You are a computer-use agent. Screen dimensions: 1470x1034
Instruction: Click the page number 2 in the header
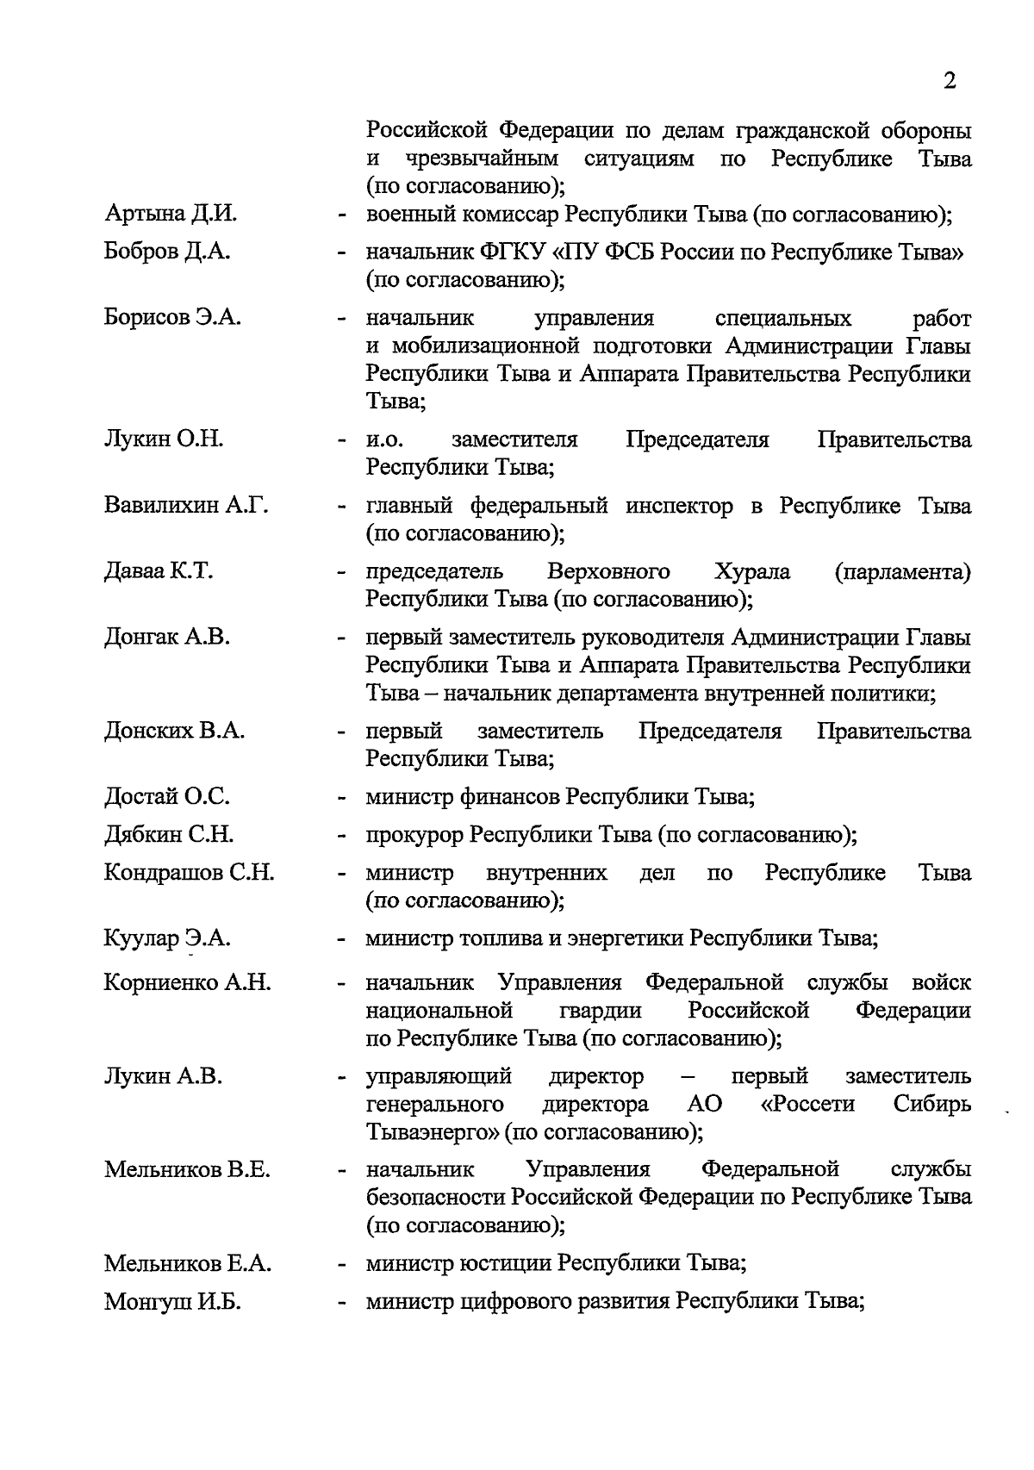point(950,81)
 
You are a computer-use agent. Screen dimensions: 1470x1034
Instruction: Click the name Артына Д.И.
point(170,214)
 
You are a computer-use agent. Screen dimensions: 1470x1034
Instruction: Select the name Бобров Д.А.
point(167,252)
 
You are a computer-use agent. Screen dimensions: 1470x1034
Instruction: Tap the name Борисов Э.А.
point(172,318)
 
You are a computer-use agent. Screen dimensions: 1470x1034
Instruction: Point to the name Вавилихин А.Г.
point(186,506)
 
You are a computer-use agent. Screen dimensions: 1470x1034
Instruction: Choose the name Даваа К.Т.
point(159,571)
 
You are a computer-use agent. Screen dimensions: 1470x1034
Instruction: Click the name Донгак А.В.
point(167,638)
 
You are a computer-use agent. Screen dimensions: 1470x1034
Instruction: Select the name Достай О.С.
point(167,797)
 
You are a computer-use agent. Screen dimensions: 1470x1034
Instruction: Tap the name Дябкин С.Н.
point(169,835)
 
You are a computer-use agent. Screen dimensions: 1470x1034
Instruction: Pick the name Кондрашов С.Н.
point(189,873)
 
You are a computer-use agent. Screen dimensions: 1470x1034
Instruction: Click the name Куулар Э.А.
point(167,938)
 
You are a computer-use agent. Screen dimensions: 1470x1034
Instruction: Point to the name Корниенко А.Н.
point(187,983)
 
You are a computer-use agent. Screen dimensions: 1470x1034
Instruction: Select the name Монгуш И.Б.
point(172,1303)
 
